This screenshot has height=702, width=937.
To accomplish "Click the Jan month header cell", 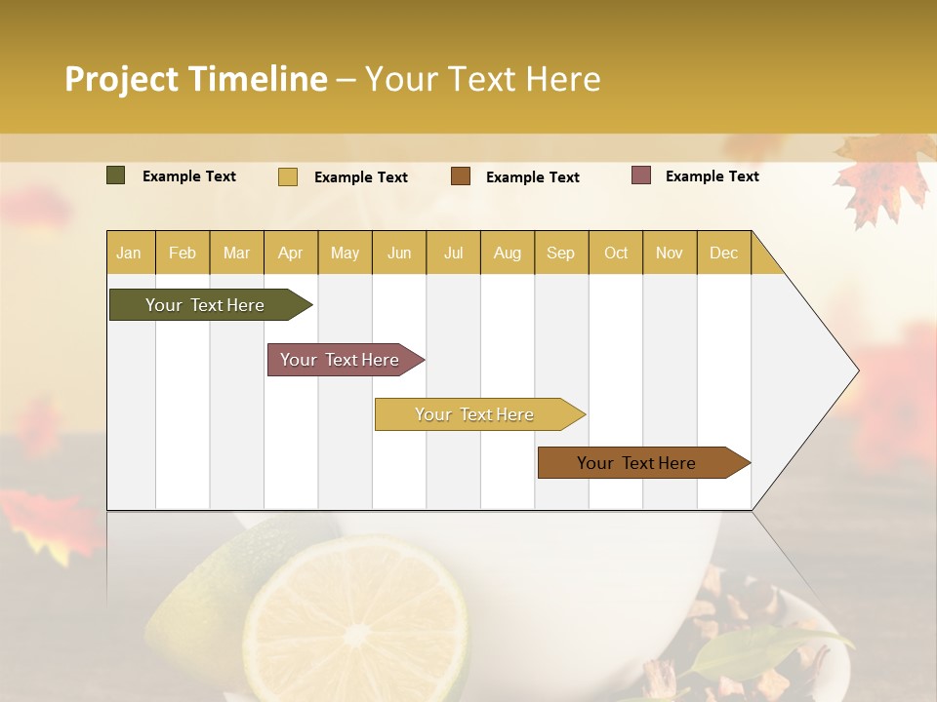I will click(x=130, y=253).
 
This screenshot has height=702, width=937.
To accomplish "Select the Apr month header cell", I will click(x=291, y=253).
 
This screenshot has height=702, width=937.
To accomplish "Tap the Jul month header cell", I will click(x=453, y=253).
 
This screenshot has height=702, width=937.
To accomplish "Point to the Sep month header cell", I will click(x=560, y=253).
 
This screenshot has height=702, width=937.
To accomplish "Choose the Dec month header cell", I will click(x=723, y=253).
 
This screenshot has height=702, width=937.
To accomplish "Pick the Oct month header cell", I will click(x=615, y=253).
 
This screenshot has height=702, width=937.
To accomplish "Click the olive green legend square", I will click(x=116, y=175).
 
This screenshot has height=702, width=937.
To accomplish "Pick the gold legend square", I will click(x=288, y=176).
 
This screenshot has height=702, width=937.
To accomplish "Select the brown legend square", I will click(x=461, y=176).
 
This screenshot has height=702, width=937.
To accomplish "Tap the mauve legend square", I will click(x=641, y=175).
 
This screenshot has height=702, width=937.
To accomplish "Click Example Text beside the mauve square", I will click(x=712, y=176).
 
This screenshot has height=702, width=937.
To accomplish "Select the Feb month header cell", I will click(x=183, y=253).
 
